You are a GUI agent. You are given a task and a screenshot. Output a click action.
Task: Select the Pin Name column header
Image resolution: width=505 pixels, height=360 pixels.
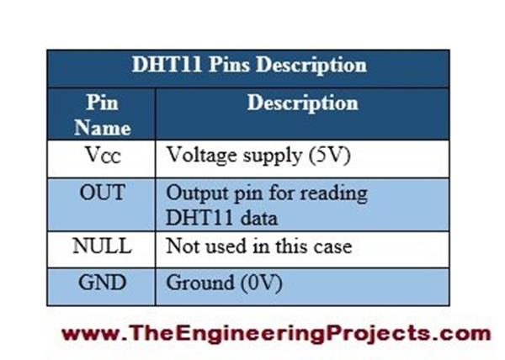103,115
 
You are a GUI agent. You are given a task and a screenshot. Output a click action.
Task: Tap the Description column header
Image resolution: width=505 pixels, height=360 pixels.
302,103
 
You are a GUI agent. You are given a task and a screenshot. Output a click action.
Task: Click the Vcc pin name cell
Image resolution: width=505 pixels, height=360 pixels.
102,156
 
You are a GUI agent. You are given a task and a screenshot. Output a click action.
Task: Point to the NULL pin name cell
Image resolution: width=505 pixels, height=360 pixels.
102,246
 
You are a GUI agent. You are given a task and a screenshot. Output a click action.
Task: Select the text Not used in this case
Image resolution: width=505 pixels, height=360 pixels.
258,246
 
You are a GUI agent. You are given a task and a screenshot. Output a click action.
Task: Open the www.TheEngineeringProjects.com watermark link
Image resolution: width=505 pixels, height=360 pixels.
275,332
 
